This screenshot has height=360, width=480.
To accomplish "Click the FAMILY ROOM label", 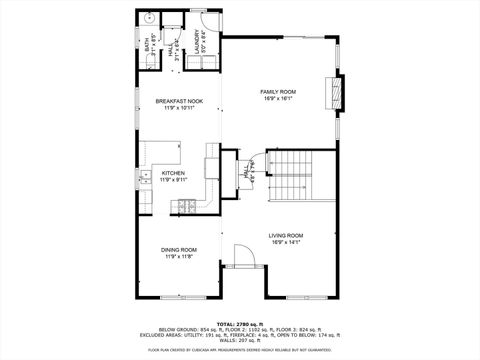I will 278,92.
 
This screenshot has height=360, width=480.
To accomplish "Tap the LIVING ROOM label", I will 285,235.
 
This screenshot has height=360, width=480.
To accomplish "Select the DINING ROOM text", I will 181,250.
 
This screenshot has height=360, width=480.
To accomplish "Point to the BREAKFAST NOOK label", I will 181,101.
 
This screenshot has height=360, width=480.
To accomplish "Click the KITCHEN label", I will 174,173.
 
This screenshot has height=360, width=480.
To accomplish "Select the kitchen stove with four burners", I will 186,207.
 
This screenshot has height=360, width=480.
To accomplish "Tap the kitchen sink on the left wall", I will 143,180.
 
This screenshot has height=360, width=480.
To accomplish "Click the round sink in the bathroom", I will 146,18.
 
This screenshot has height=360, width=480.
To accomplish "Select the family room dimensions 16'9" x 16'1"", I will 278,99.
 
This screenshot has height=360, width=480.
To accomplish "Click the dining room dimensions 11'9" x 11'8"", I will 181,257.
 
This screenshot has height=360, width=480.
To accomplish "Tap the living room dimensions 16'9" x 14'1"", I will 285,242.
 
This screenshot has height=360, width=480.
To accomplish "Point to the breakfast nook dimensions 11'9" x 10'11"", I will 181,108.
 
